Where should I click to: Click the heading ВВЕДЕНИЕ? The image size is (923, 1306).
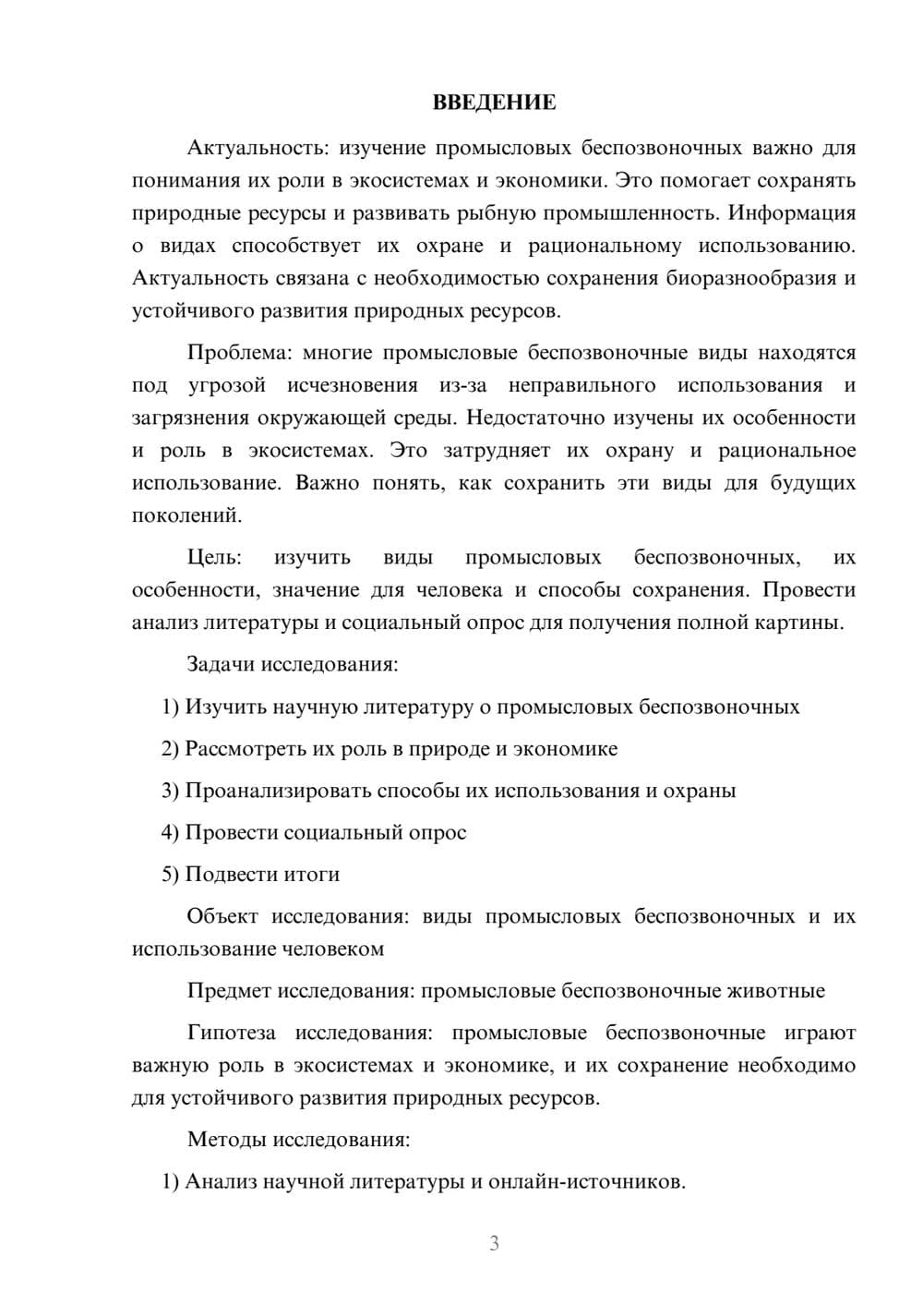pos(494,103)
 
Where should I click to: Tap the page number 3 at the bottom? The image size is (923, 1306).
pos(494,1243)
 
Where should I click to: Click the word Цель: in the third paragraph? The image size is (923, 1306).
pos(214,558)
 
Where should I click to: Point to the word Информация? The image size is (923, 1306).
pos(791,213)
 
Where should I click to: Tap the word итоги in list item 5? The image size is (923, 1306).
pos(312,875)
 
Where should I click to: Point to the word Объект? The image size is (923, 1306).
pos(222,916)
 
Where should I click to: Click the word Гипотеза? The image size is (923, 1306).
pos(231,1033)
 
